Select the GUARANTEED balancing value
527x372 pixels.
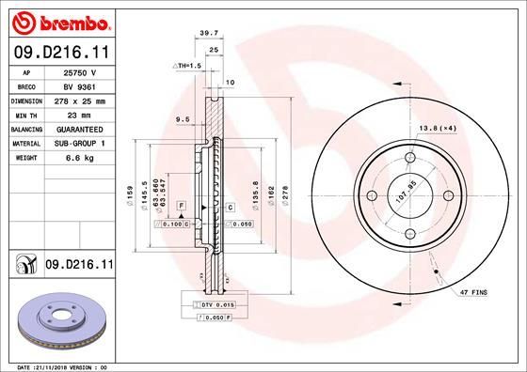pyautogui.click(x=80, y=128)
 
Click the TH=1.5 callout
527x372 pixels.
pyautogui.click(x=189, y=65)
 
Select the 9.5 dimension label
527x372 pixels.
pyautogui.click(x=183, y=119)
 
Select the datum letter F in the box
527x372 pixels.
pyautogui.click(x=179, y=205)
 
